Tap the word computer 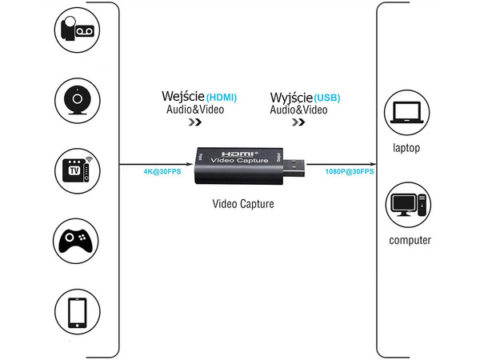410,240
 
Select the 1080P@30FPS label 349,170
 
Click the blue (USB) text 327,97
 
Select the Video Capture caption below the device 243,204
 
